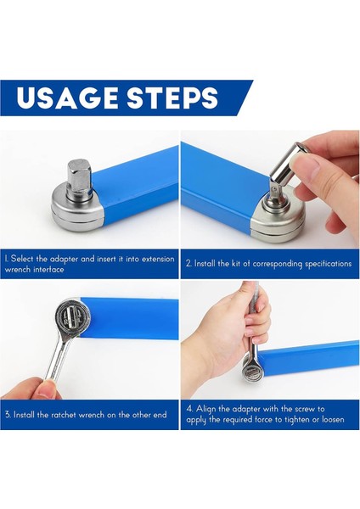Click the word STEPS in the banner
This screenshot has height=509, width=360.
point(172,98)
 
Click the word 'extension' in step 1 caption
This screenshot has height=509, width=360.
point(158,259)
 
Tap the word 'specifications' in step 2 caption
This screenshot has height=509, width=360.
point(329,264)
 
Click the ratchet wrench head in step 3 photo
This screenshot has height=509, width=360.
point(72,316)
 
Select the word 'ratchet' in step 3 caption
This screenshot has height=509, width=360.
point(64,415)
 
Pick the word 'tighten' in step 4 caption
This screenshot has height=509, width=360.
point(296,419)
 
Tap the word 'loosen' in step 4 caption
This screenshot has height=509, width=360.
point(333,419)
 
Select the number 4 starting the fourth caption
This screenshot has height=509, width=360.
point(189,409)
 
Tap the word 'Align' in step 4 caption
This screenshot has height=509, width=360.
point(206,409)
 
